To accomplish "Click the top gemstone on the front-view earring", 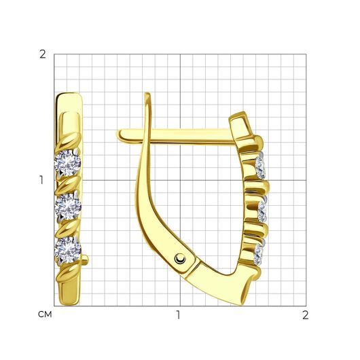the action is click(x=68, y=163).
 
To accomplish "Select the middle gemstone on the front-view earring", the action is click(x=68, y=206).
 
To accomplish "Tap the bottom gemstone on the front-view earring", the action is click(x=68, y=250).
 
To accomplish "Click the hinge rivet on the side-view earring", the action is click(x=180, y=259).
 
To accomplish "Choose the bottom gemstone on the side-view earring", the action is click(x=259, y=254).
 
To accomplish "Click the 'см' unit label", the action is click(x=45, y=314).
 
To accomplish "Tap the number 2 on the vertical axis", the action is click(x=43, y=55).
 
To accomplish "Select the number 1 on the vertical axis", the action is click(x=41, y=180).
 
